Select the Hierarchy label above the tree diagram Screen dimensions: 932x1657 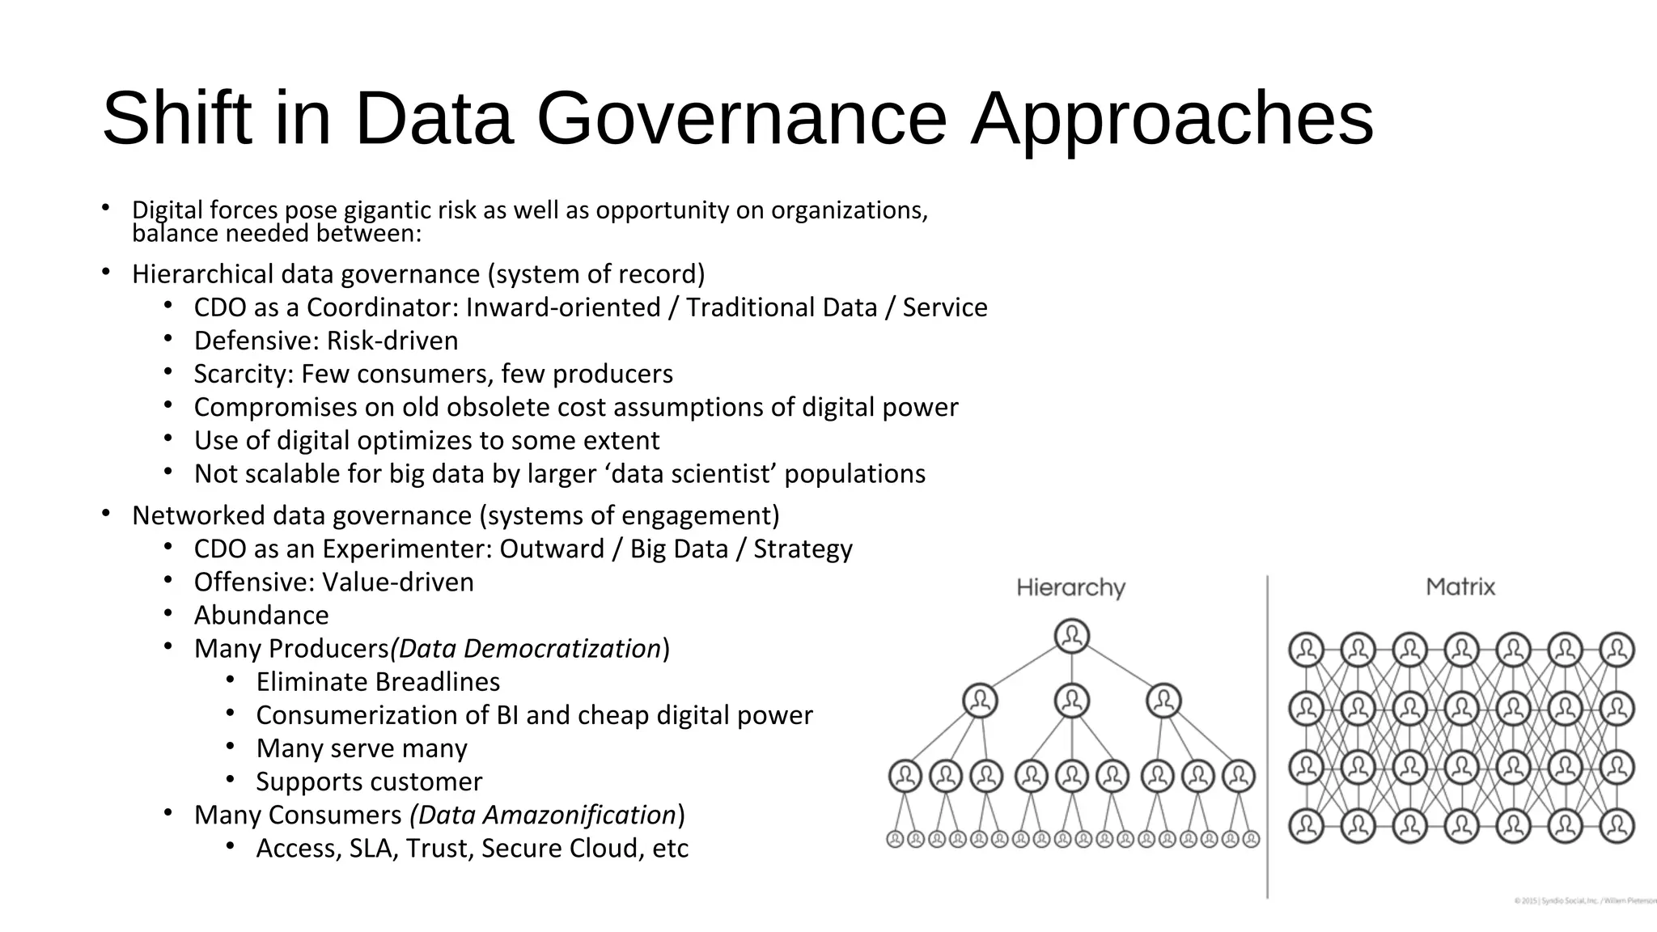[x=1070, y=587]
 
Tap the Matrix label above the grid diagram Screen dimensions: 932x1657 [x=1460, y=587]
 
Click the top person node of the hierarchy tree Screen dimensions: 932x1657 [x=1072, y=636]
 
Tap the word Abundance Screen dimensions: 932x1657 [x=261, y=615]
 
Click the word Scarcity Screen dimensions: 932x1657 [x=244, y=374]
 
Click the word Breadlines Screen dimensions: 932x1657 [x=432, y=681]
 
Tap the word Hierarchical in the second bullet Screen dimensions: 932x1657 [x=203, y=273]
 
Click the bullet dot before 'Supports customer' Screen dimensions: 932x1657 [x=230, y=779]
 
